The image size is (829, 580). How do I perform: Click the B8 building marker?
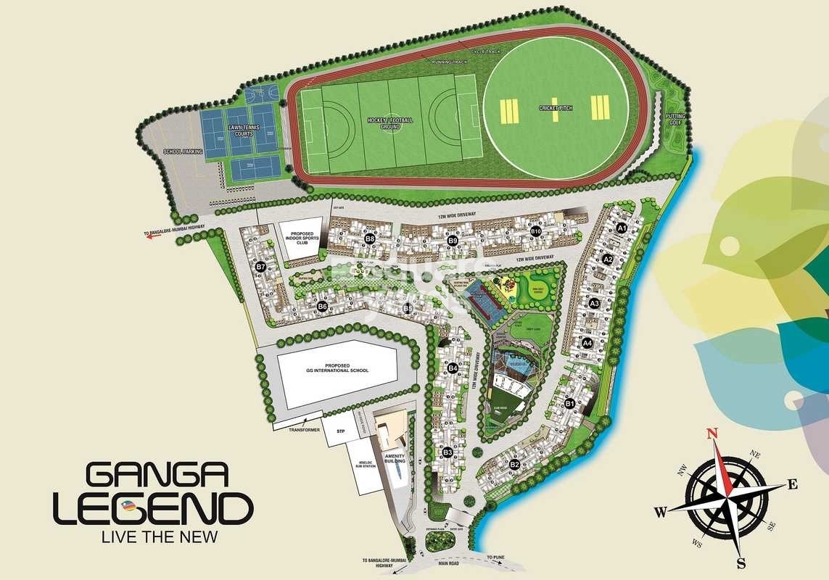coord(370,239)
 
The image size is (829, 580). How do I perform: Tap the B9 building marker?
coord(453,240)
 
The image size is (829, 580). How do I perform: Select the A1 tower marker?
coord(621,228)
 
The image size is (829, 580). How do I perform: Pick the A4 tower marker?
coord(587,343)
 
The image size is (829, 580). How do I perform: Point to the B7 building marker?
coord(261,267)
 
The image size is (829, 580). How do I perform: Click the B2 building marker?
coord(515,464)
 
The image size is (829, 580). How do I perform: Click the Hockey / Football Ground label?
coord(390,123)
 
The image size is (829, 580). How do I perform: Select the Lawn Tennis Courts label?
coord(244,130)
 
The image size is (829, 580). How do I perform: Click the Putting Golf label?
coord(675,120)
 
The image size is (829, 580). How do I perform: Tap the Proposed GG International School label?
coord(337,367)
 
